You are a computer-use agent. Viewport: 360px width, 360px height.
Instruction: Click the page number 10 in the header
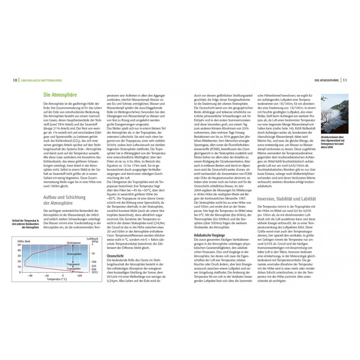15,81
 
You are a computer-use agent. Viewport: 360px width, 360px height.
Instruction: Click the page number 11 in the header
345,81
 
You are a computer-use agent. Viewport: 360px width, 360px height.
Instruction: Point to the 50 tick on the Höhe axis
19,245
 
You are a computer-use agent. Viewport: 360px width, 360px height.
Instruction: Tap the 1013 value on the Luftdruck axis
94,272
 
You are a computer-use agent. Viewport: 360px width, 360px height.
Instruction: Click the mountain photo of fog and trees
333,109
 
